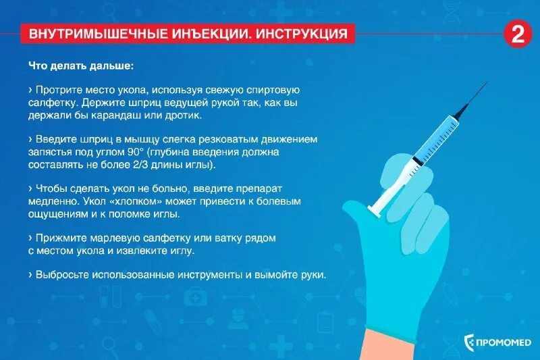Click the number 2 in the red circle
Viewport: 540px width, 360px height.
(518, 34)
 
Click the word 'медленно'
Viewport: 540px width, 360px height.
(55, 201)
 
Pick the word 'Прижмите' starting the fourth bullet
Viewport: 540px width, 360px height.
(58, 238)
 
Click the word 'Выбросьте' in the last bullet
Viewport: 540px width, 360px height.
(60, 275)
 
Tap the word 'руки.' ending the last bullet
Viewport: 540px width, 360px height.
(313, 275)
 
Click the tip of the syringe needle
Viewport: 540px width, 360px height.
(486, 82)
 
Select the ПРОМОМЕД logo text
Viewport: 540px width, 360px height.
(504, 343)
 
